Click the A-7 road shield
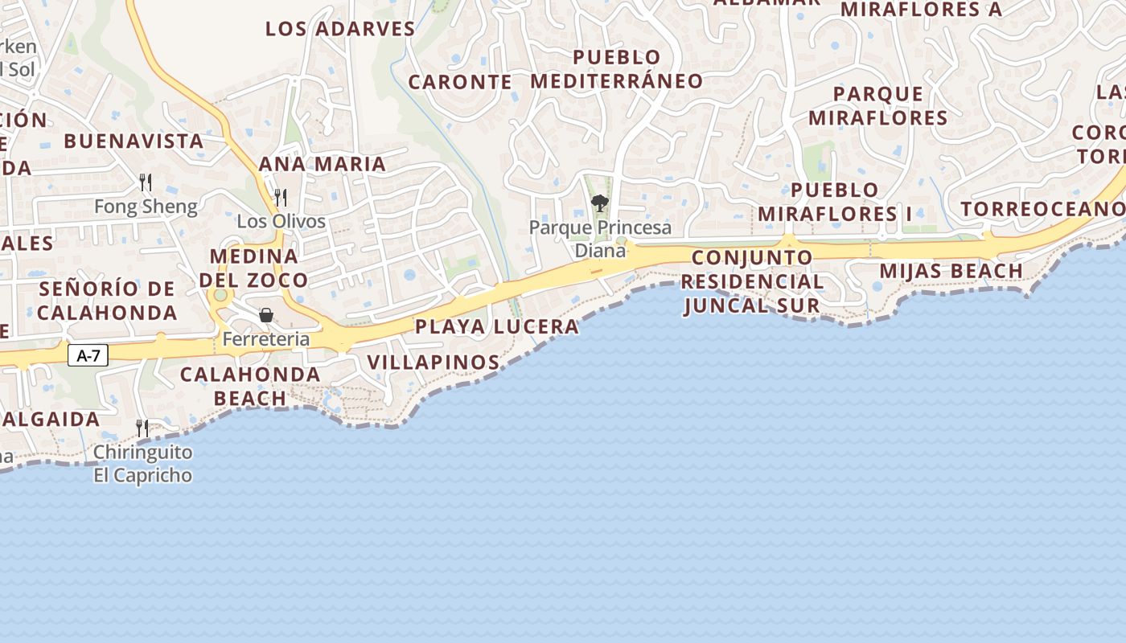click(88, 355)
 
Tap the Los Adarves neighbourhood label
click(340, 29)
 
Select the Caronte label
click(460, 82)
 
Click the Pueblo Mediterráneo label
click(617, 69)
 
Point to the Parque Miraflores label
click(878, 106)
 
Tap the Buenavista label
click(134, 141)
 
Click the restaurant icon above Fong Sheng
click(146, 182)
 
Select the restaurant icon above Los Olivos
click(281, 197)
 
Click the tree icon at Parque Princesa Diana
click(599, 203)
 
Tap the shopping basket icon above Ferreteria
click(265, 315)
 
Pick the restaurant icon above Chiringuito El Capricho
click(142, 428)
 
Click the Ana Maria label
click(322, 164)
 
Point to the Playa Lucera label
click(497, 326)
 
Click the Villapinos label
click(434, 362)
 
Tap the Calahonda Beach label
click(250, 386)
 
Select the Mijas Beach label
click(951, 271)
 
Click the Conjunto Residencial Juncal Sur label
click(752, 281)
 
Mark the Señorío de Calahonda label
click(107, 301)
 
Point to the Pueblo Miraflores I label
click(835, 202)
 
